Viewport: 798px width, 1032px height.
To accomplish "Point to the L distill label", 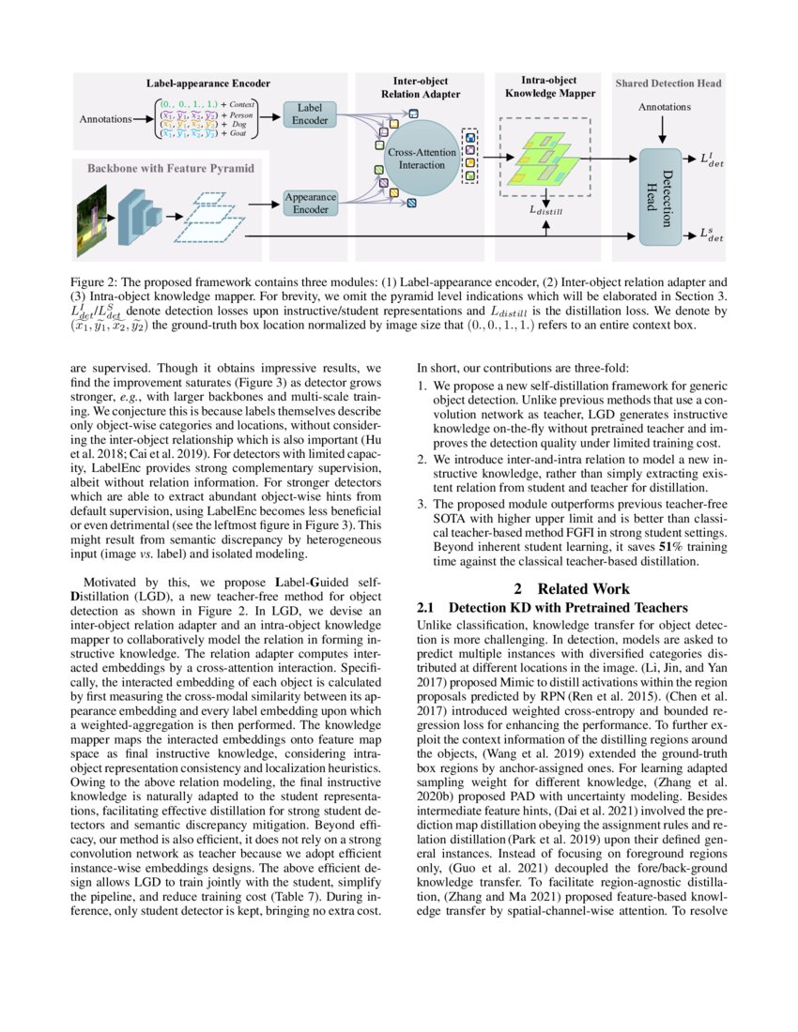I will pyautogui.click(x=546, y=212).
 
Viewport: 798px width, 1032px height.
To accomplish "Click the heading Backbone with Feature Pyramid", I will pyautogui.click(x=170, y=169).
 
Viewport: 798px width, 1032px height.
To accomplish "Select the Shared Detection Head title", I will pyautogui.click(x=668, y=83).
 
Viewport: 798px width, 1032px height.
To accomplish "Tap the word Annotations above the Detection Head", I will pyautogui.click(x=664, y=107).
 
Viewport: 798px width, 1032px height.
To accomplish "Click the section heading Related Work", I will pyautogui.click(x=578, y=588).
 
